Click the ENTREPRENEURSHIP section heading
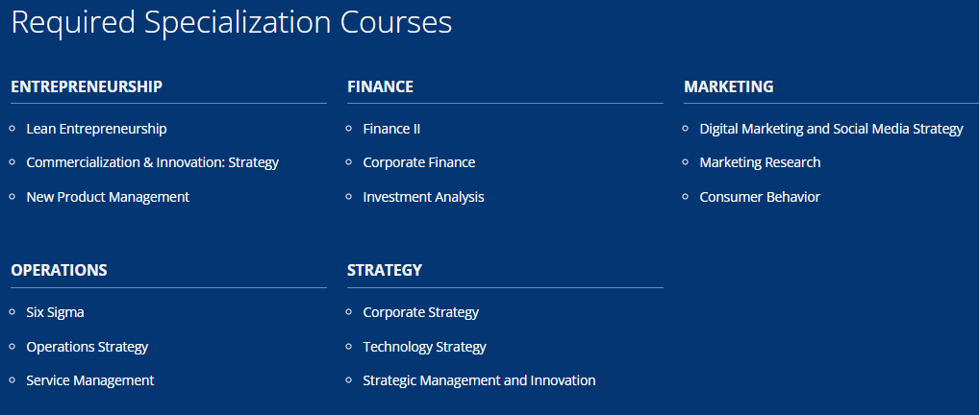[87, 86]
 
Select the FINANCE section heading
[380, 86]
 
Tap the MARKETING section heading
[729, 86]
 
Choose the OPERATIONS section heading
[59, 270]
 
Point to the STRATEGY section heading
[385, 270]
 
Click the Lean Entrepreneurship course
[96, 129]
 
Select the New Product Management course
[108, 197]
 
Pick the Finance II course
[391, 129]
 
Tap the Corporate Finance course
[419, 162]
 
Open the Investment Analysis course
[423, 197]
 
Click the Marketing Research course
[760, 162]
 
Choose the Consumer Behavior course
[760, 197]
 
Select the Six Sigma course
[55, 312]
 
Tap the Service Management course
[89, 380]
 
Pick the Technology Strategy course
[424, 347]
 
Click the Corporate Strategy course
[421, 312]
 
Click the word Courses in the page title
[396, 22]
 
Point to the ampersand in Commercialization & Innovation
[148, 163]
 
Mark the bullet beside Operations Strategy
[13, 346]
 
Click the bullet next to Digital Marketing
[686, 128]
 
